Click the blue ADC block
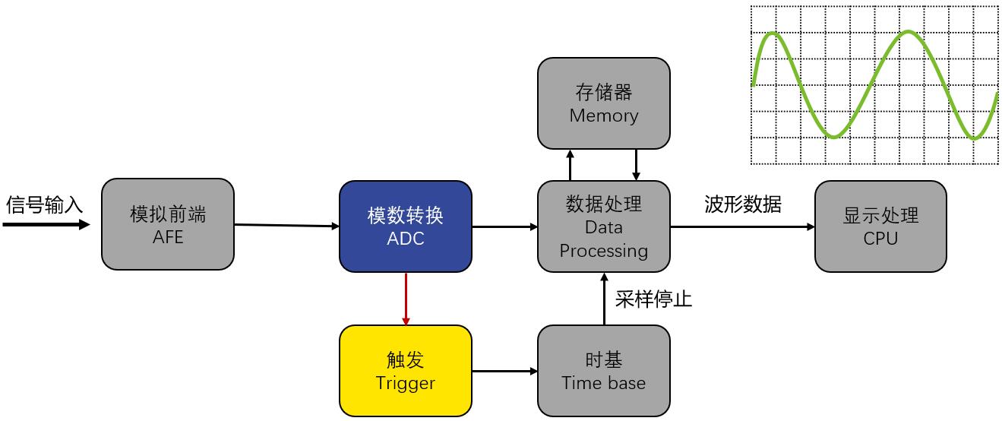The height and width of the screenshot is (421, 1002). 405,226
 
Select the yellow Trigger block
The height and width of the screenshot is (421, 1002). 405,371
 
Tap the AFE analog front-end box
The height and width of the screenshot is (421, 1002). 168,224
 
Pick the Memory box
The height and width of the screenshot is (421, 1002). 603,103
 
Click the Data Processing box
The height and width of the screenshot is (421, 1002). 603,226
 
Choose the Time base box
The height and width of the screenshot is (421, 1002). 603,371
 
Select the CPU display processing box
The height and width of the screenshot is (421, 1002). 880,226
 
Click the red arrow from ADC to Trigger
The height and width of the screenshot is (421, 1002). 406,299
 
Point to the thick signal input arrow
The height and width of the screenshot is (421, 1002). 46,224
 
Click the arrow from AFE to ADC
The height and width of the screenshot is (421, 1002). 286,226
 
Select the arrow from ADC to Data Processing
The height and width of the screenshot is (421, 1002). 504,226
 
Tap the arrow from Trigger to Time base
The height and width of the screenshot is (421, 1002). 504,371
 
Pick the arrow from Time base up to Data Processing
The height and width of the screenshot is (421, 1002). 605,299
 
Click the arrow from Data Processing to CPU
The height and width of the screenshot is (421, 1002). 742,226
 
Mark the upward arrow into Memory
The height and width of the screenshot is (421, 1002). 571,165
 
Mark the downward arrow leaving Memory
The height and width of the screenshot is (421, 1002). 636,165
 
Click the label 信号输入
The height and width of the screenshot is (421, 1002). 44,205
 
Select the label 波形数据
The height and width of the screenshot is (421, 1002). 742,204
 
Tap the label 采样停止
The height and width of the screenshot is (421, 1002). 653,299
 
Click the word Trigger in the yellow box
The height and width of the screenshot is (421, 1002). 405,384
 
